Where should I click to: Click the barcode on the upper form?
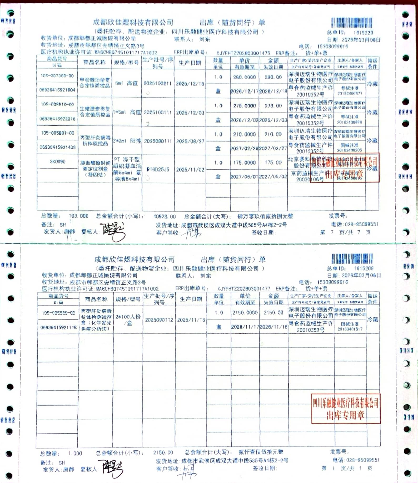(351, 23)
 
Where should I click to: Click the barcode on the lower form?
(352, 259)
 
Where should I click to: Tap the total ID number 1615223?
(363, 33)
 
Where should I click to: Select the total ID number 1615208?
(364, 268)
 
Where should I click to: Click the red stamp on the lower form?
(346, 409)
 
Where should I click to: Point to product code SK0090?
(58, 162)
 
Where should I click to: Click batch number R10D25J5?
(158, 170)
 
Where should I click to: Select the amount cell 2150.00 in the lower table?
(273, 313)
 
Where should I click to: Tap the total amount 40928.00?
(165, 217)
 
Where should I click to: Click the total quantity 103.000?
(78, 216)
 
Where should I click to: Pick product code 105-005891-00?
(58, 133)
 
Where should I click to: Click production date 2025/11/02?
(190, 170)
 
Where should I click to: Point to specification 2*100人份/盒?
(128, 320)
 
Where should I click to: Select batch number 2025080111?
(158, 141)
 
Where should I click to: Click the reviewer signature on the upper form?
(112, 231)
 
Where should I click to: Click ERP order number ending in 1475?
(243, 53)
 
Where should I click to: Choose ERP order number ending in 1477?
(243, 289)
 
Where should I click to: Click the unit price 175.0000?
(244, 163)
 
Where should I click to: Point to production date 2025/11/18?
(191, 320)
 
